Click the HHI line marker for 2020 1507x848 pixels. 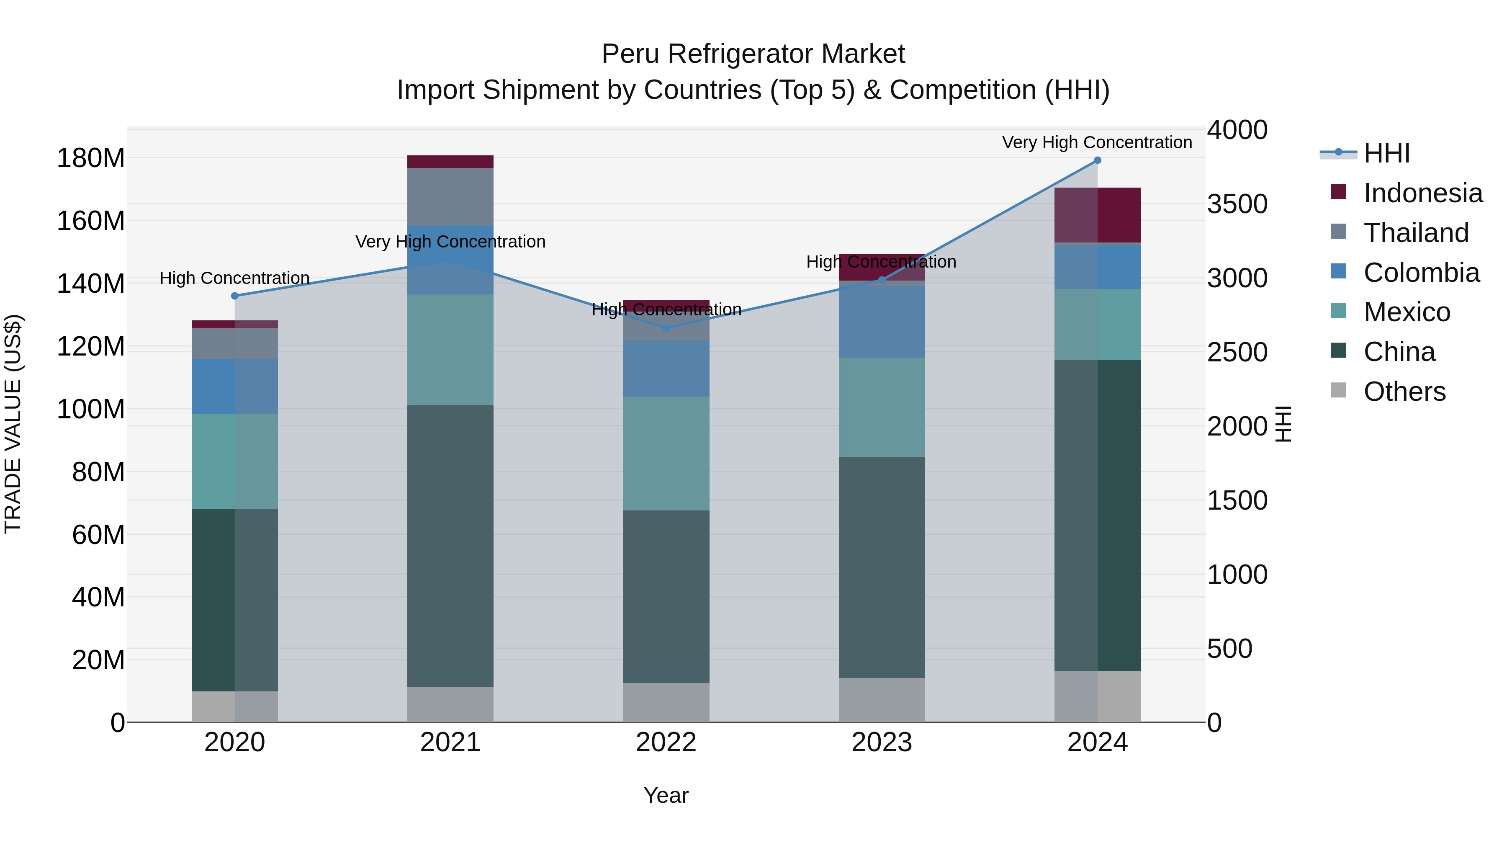click(x=234, y=296)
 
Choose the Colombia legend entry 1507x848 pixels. click(x=1421, y=273)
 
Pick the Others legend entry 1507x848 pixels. click(x=1404, y=392)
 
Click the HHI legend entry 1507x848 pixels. click(x=1386, y=153)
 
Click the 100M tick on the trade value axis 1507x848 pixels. click(x=91, y=409)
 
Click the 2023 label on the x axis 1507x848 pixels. click(x=882, y=742)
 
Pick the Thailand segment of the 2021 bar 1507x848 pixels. click(x=450, y=197)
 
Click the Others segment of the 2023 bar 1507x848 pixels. click(x=882, y=700)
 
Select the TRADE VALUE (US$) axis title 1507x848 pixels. click(x=13, y=424)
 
